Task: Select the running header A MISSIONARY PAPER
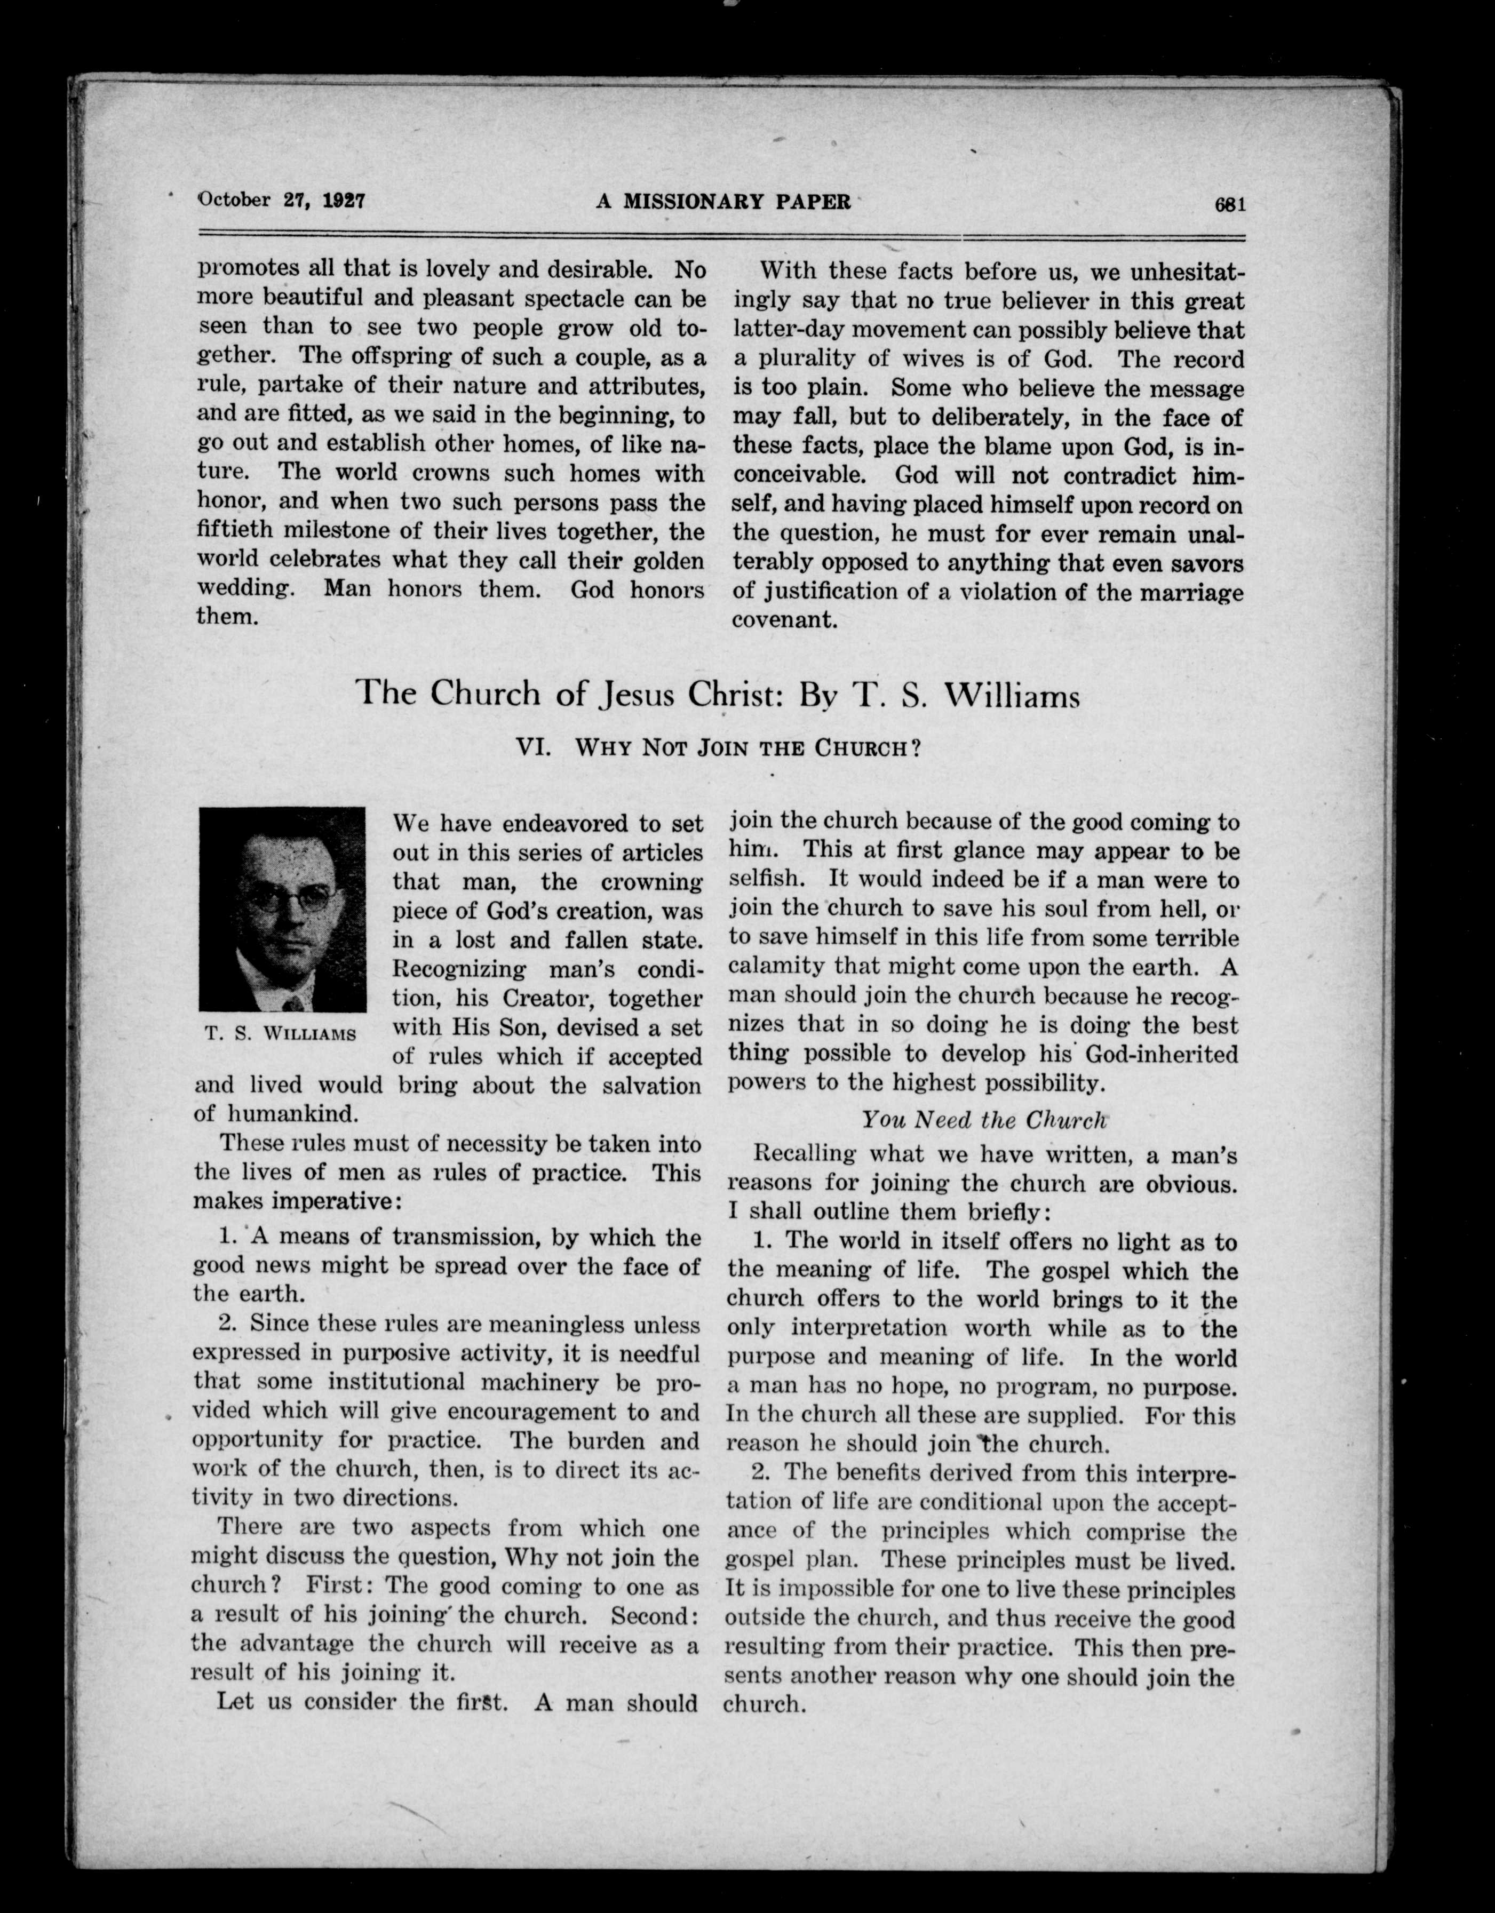723,202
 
